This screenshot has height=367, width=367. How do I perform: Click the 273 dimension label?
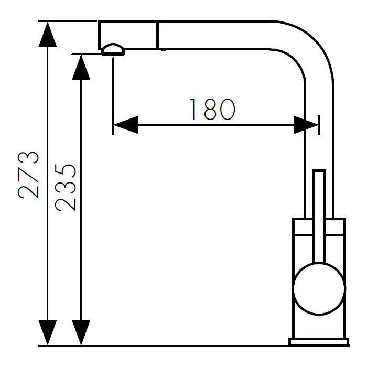pos(28,175)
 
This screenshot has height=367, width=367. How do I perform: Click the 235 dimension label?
pos(66,188)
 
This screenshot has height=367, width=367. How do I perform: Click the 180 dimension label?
pos(212,109)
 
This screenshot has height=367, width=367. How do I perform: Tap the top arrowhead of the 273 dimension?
pos(48,34)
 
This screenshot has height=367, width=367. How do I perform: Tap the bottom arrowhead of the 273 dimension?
pos(48,332)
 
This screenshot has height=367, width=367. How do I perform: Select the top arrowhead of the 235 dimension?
pos(81,67)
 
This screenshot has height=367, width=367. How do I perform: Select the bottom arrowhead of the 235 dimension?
pos(81,332)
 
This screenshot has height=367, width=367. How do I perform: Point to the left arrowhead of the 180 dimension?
pos(126,125)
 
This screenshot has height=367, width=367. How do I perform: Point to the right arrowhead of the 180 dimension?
pos(306,125)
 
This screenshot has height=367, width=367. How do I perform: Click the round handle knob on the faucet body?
pos(319,288)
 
